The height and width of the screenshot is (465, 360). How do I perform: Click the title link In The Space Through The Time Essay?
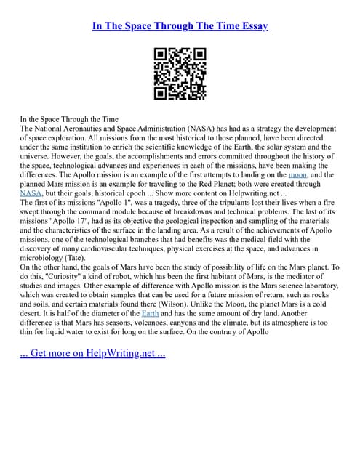click(180, 26)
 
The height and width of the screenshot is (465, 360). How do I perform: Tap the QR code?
click(180, 73)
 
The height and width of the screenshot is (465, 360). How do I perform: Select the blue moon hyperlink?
click(297, 174)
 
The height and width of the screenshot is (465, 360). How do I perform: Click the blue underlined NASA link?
click(31, 193)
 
